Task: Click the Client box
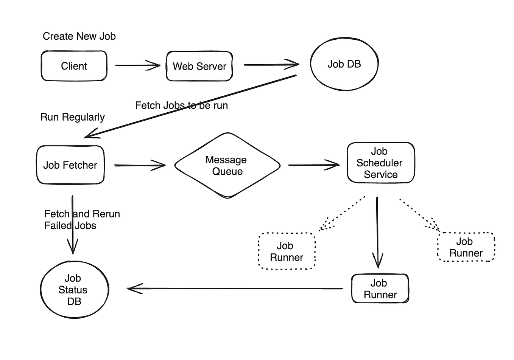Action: pyautogui.click(x=74, y=66)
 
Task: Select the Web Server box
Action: pyautogui.click(x=199, y=66)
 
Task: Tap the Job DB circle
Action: pyautogui.click(x=344, y=64)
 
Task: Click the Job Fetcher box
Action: pyautogui.click(x=70, y=165)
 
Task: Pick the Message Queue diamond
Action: pyautogui.click(x=227, y=166)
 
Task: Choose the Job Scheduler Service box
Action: pyautogui.click(x=380, y=163)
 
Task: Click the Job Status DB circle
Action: pyautogui.click(x=74, y=290)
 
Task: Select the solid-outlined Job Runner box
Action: pyautogui.click(x=380, y=289)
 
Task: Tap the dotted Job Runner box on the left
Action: pyautogui.click(x=287, y=251)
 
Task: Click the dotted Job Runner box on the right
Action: pyautogui.click(x=466, y=247)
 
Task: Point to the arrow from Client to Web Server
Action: pyautogui.click(x=137, y=65)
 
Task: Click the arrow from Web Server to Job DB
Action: pyautogui.click(x=271, y=65)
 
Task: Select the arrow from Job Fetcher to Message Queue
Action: pyautogui.click(x=139, y=165)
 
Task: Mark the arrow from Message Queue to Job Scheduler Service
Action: pyautogui.click(x=313, y=165)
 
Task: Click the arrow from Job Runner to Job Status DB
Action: pyautogui.click(x=235, y=289)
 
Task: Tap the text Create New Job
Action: pyautogui.click(x=79, y=36)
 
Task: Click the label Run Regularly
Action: pyautogui.click(x=72, y=117)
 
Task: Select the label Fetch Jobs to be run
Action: pyautogui.click(x=181, y=106)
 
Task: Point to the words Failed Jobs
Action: pyautogui.click(x=70, y=226)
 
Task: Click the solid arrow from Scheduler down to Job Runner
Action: pyautogui.click(x=377, y=231)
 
